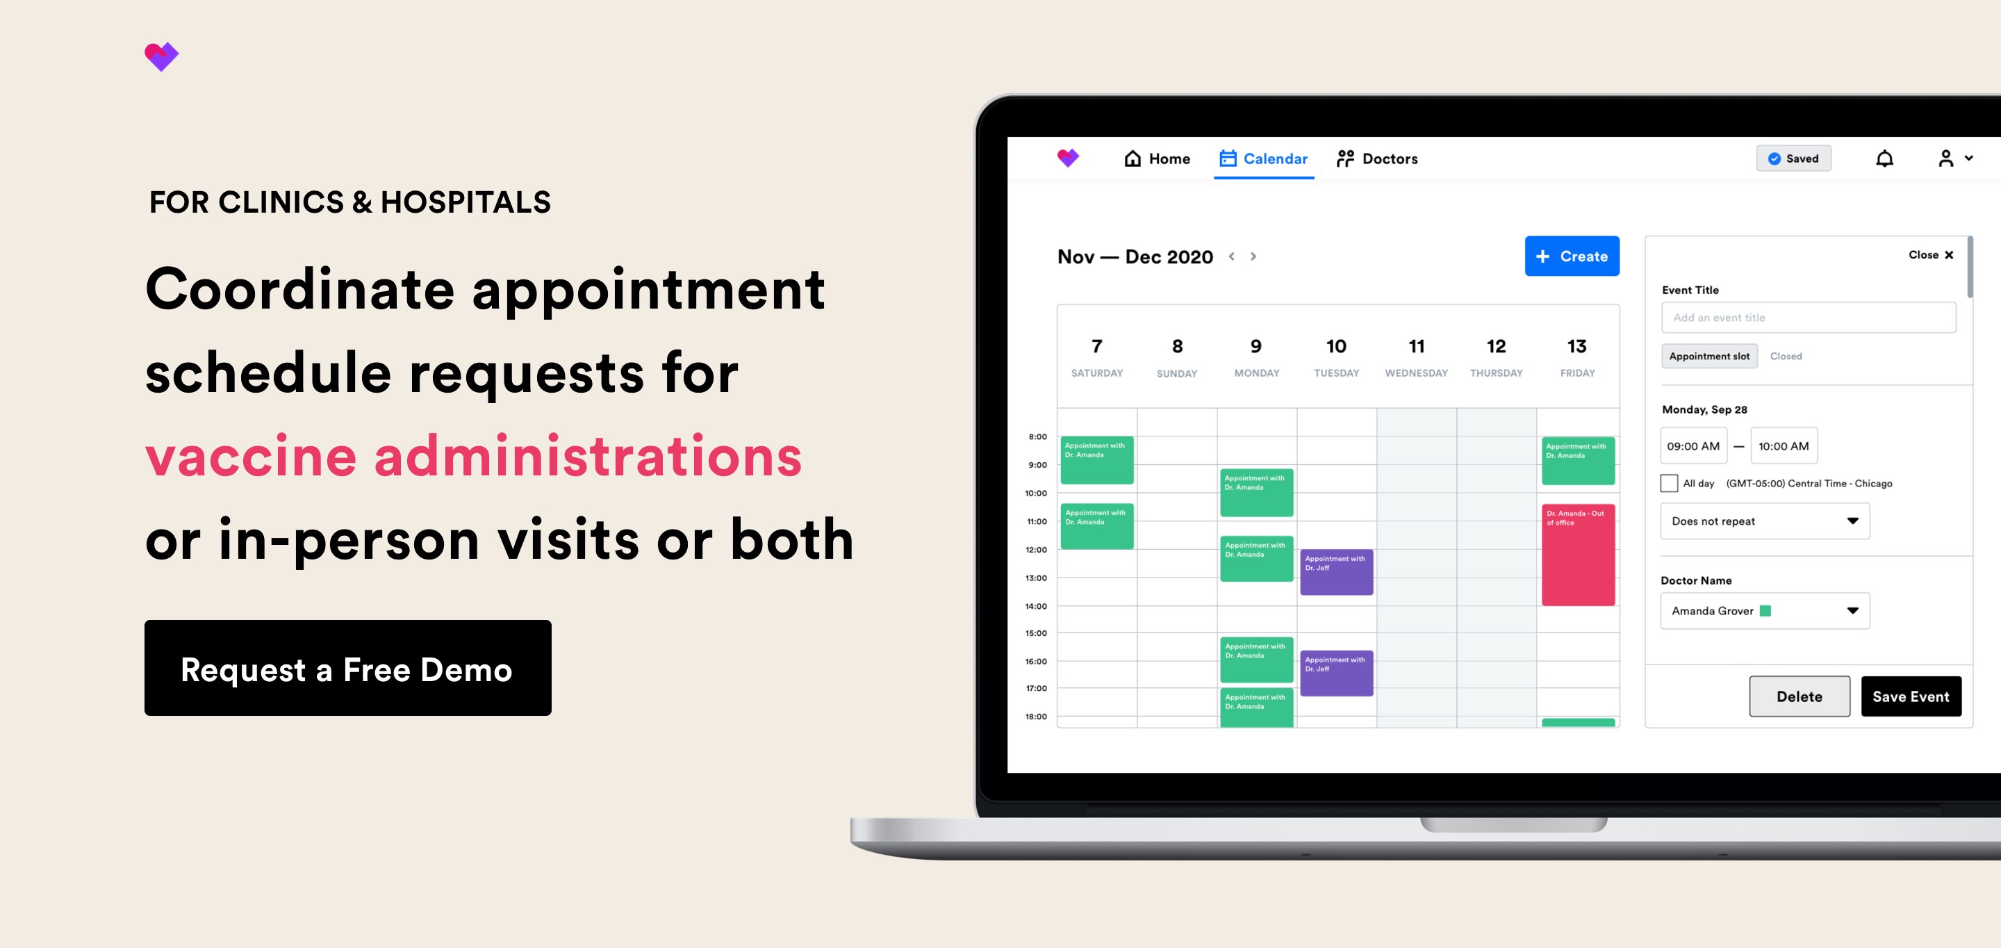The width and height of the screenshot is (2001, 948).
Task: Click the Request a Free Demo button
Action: click(x=347, y=669)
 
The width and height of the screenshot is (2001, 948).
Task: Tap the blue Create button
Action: click(x=1572, y=256)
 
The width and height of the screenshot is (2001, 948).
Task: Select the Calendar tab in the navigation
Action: click(x=1263, y=158)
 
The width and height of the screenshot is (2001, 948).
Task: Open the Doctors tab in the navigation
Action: click(x=1376, y=158)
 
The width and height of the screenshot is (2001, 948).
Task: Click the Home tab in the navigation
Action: click(x=1157, y=158)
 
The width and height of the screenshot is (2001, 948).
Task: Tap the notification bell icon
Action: click(x=1884, y=158)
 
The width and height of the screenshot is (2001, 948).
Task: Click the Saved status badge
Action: click(x=1793, y=158)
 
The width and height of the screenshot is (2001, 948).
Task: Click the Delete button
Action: click(x=1799, y=696)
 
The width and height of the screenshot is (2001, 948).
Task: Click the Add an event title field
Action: click(x=1808, y=318)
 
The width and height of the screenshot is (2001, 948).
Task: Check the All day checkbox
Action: click(x=1668, y=483)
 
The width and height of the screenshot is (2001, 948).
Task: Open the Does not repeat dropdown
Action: click(x=1764, y=521)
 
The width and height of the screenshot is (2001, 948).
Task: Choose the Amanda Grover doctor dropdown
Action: click(x=1764, y=611)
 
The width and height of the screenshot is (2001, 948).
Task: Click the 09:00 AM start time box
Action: click(x=1693, y=446)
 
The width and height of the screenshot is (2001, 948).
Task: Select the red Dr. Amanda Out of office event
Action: click(x=1578, y=555)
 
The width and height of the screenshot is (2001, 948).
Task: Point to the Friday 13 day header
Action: click(x=1577, y=357)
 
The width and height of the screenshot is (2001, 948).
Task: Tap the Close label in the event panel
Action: click(x=1930, y=255)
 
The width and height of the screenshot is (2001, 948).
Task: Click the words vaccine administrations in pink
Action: click(x=473, y=456)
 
